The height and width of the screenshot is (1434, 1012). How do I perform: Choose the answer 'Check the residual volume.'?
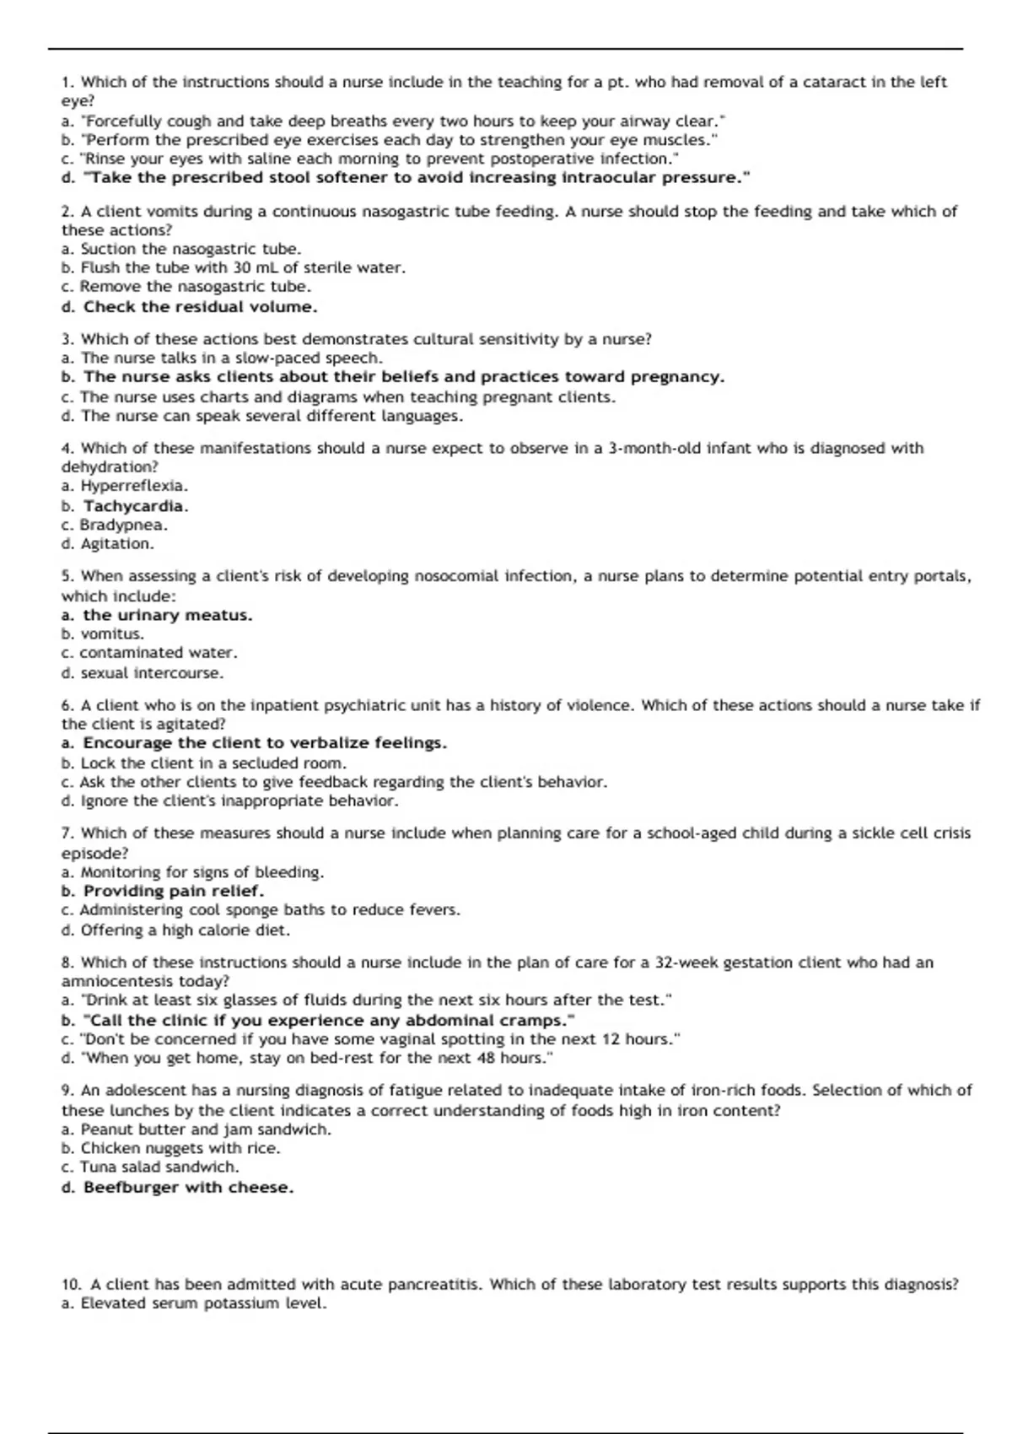point(190,307)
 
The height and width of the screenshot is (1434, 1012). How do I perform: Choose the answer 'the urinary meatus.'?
point(157,616)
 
